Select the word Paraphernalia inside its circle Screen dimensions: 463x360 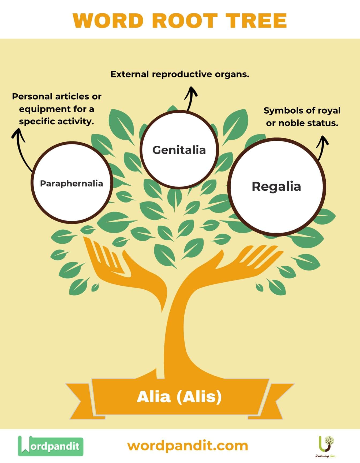[x=72, y=183]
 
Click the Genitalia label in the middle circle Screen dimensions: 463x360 [x=179, y=150]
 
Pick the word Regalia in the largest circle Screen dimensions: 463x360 [x=276, y=186]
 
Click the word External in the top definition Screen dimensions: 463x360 [x=129, y=74]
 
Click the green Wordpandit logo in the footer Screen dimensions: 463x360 [x=51, y=446]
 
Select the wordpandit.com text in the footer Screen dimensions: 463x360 [x=187, y=446]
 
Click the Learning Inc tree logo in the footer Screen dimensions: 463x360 [x=326, y=445]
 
